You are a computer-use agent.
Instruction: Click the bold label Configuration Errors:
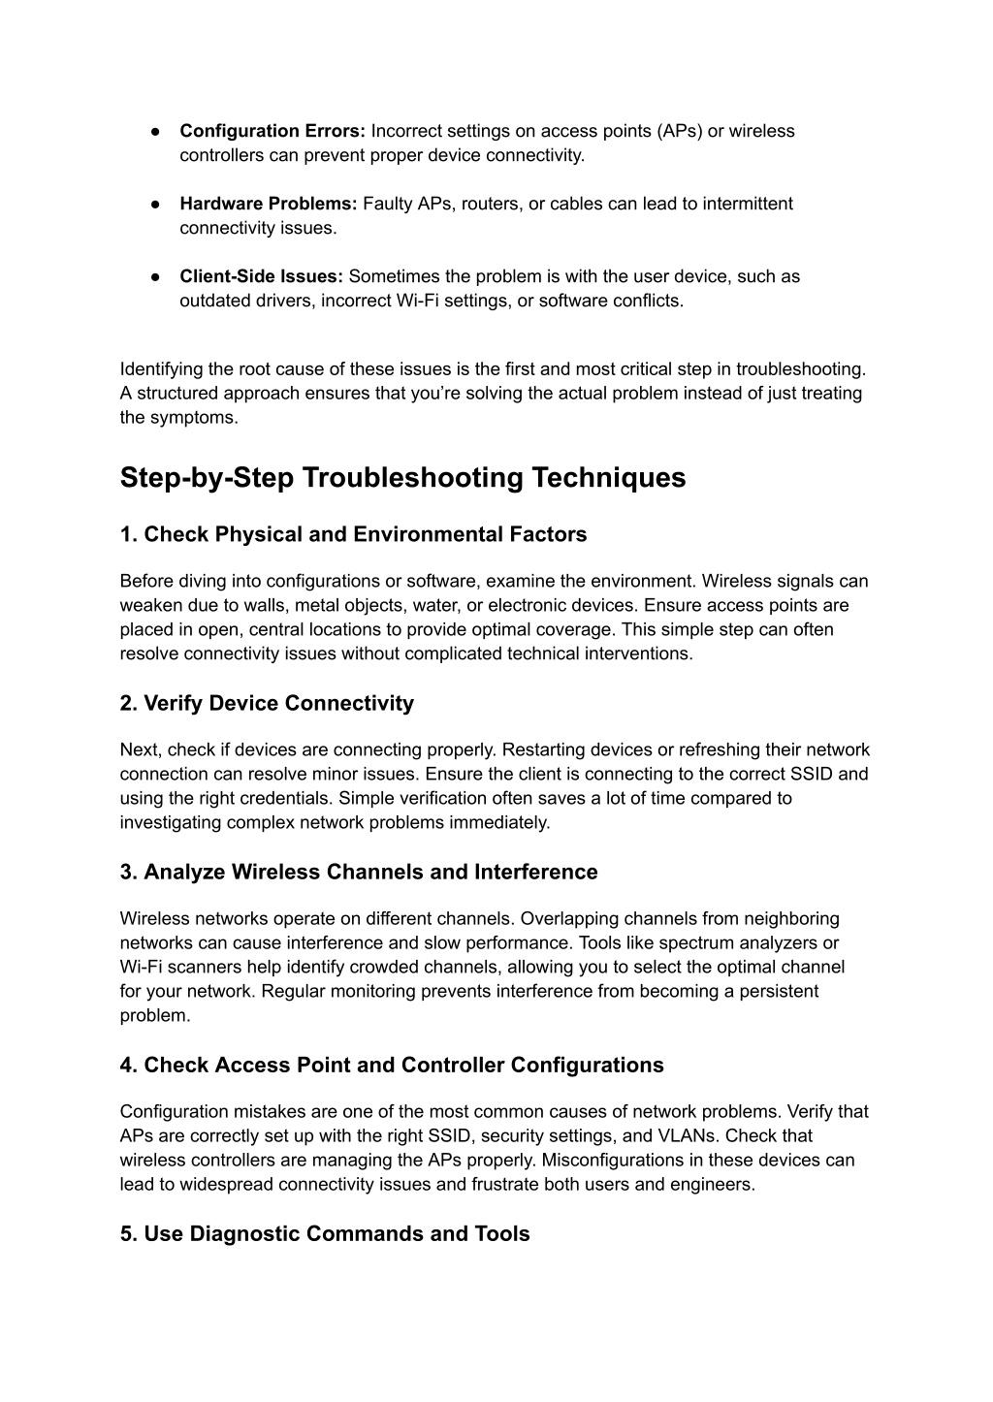pyautogui.click(x=272, y=131)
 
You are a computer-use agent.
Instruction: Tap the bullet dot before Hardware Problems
pyautogui.click(x=155, y=205)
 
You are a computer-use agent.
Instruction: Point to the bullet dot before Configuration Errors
pyautogui.click(x=155, y=132)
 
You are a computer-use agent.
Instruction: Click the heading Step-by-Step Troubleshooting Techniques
pyautogui.click(x=402, y=478)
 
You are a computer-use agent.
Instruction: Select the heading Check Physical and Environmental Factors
pyautogui.click(x=353, y=534)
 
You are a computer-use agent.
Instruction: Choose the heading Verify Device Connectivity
pyautogui.click(x=267, y=703)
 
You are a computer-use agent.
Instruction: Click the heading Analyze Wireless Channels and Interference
pyautogui.click(x=359, y=872)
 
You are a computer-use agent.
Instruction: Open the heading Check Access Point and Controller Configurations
pyautogui.click(x=392, y=1065)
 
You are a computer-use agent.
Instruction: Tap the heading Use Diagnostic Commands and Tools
pyautogui.click(x=325, y=1233)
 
